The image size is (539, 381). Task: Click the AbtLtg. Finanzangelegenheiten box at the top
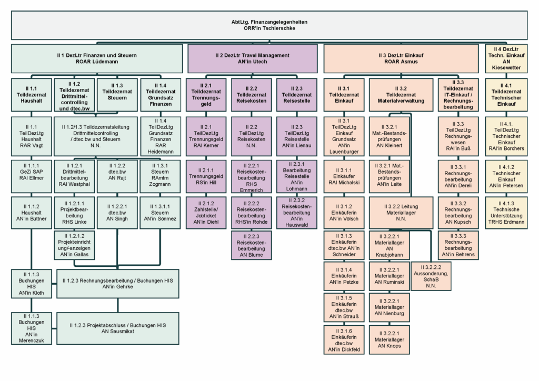tap(269, 25)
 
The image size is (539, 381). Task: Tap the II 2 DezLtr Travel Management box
tap(252, 58)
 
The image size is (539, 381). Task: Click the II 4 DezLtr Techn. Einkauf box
tap(506, 58)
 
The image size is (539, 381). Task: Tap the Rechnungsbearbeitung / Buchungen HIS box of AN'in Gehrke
tap(117, 283)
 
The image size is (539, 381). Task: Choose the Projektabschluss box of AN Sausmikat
tap(117, 329)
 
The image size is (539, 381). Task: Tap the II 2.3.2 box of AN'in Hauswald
tap(297, 212)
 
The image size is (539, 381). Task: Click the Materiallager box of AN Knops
tap(390, 339)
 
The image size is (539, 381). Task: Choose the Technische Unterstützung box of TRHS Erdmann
tap(506, 212)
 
